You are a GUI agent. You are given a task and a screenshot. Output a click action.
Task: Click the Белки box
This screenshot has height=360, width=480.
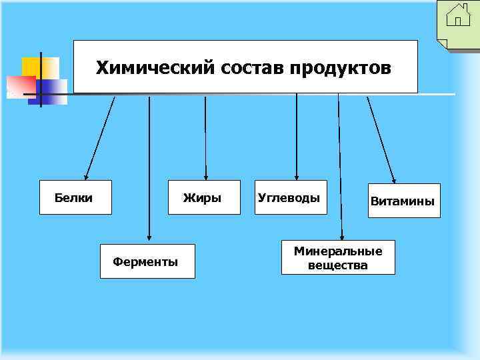[x=75, y=197]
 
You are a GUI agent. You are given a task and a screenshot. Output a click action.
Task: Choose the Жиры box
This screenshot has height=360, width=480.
[x=203, y=197]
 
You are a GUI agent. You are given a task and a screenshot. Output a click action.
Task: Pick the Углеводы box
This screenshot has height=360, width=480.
[x=291, y=197]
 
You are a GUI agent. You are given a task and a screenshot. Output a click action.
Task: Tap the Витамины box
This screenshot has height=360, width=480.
[x=404, y=201]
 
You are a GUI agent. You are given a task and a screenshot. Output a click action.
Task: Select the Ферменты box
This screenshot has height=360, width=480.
[x=147, y=261]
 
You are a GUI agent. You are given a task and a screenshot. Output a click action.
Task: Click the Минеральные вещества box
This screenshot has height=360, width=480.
[x=338, y=257]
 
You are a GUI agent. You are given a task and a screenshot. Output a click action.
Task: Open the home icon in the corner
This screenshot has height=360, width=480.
[x=458, y=15]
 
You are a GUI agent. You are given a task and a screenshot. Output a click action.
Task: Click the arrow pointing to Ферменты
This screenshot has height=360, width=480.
[x=149, y=167]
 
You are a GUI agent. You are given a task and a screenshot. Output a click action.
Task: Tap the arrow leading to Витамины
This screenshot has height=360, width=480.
[x=381, y=140]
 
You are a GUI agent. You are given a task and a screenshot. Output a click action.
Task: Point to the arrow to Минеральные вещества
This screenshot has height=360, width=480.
[x=340, y=167]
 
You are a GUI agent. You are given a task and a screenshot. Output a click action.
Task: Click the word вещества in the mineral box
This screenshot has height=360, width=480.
[x=338, y=265]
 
